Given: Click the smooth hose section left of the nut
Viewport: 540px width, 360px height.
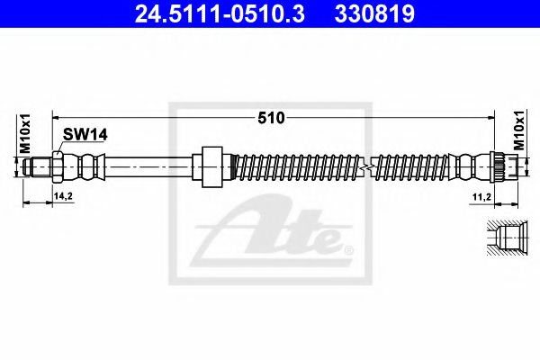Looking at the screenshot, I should (x=148, y=166).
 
